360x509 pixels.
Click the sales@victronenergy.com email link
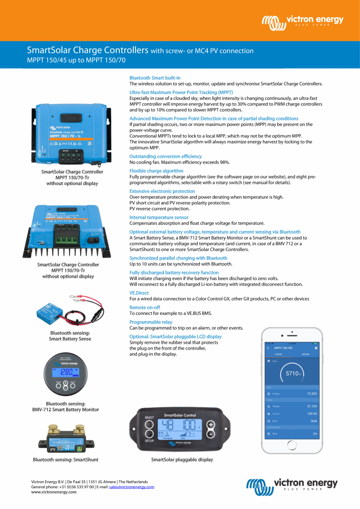(131, 487)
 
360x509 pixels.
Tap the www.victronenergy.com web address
(54, 492)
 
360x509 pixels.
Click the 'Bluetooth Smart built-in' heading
(155, 78)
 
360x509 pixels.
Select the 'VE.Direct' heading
(139, 293)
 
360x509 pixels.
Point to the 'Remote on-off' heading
(145, 307)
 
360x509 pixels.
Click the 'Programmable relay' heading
(151, 322)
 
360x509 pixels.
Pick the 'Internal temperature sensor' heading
(159, 217)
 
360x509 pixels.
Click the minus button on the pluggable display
(211, 434)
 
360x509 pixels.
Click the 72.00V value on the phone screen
(312, 393)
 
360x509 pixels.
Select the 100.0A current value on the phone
(312, 413)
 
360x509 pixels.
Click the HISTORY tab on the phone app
(306, 354)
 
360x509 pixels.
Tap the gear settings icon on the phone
(316, 348)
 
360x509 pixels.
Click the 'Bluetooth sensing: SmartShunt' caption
(65, 460)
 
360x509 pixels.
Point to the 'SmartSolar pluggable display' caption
(182, 460)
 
